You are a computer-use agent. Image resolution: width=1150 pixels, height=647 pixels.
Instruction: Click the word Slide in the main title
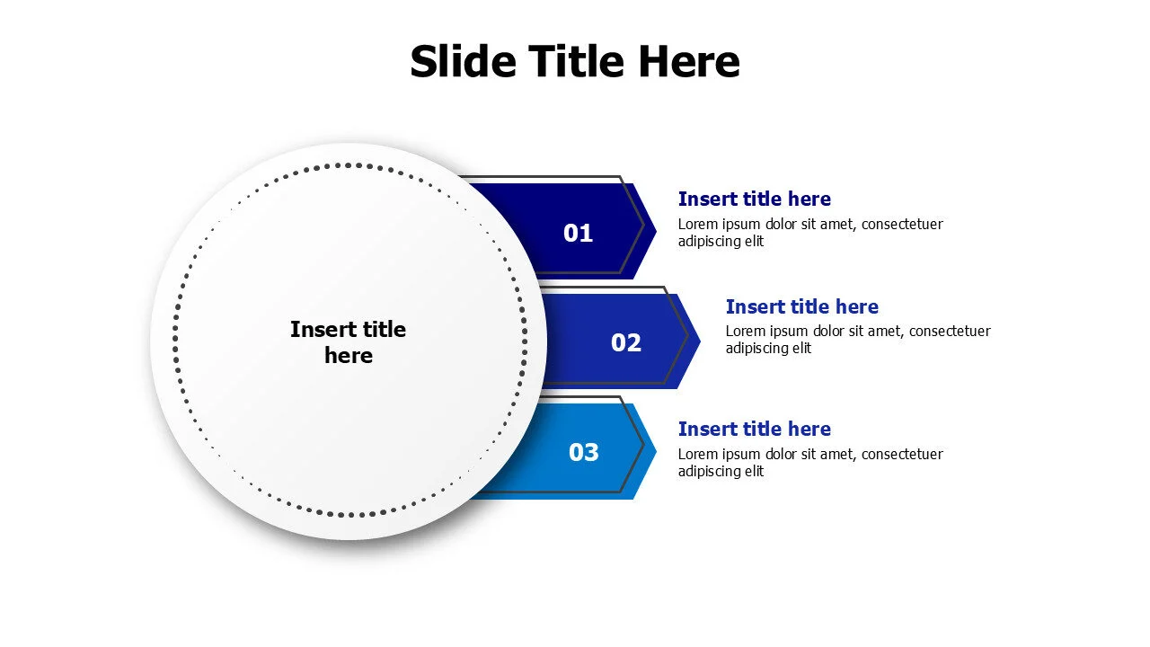point(463,61)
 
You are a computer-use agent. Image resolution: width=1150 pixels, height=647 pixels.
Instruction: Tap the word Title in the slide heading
point(577,61)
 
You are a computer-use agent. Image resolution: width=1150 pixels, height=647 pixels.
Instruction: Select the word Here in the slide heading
point(689,61)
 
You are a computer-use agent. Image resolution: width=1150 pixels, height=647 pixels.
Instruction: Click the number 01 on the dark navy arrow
point(578,233)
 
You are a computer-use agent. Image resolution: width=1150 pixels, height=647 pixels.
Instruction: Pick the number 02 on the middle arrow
point(626,343)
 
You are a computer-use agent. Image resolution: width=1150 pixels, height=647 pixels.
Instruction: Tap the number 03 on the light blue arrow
point(584,452)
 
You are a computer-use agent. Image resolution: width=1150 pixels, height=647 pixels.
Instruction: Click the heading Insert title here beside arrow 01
point(754,199)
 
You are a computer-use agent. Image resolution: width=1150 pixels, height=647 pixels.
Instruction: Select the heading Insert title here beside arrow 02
point(802,306)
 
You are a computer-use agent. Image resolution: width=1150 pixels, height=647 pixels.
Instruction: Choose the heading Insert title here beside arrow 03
point(754,429)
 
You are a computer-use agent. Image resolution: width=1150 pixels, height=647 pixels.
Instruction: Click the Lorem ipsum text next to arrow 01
point(810,233)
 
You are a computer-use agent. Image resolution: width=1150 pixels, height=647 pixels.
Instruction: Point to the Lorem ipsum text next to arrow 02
point(858,340)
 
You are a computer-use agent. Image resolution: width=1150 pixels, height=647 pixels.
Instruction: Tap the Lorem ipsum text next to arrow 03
point(810,463)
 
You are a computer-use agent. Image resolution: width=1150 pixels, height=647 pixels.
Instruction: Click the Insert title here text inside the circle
point(348,342)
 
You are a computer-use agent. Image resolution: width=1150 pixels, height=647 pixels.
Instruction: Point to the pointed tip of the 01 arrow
point(656,232)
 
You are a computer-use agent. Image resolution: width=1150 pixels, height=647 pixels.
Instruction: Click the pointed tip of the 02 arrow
point(700,341)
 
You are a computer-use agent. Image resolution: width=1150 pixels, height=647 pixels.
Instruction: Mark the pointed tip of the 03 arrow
point(656,451)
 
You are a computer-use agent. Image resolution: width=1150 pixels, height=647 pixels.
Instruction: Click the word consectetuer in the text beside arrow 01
point(902,225)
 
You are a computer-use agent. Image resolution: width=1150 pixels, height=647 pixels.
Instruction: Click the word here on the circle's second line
point(349,356)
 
